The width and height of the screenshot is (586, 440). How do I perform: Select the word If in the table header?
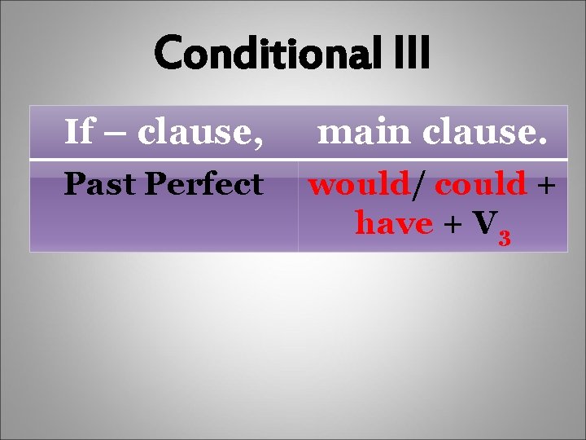[78, 131]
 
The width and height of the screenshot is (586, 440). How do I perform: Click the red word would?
[358, 184]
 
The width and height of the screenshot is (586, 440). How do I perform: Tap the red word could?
[480, 184]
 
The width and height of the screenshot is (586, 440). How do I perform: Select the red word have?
[393, 221]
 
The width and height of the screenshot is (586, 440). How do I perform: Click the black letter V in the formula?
[482, 221]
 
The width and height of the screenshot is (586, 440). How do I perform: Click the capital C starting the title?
[168, 54]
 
